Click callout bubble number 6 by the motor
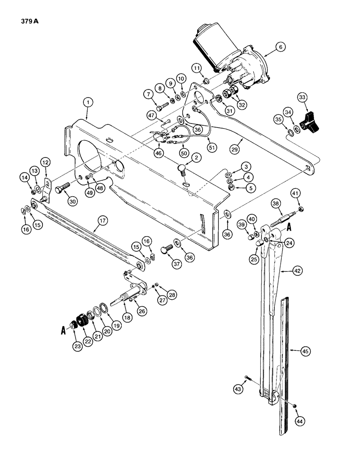pyautogui.click(x=280, y=47)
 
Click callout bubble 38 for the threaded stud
pyautogui.click(x=275, y=204)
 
